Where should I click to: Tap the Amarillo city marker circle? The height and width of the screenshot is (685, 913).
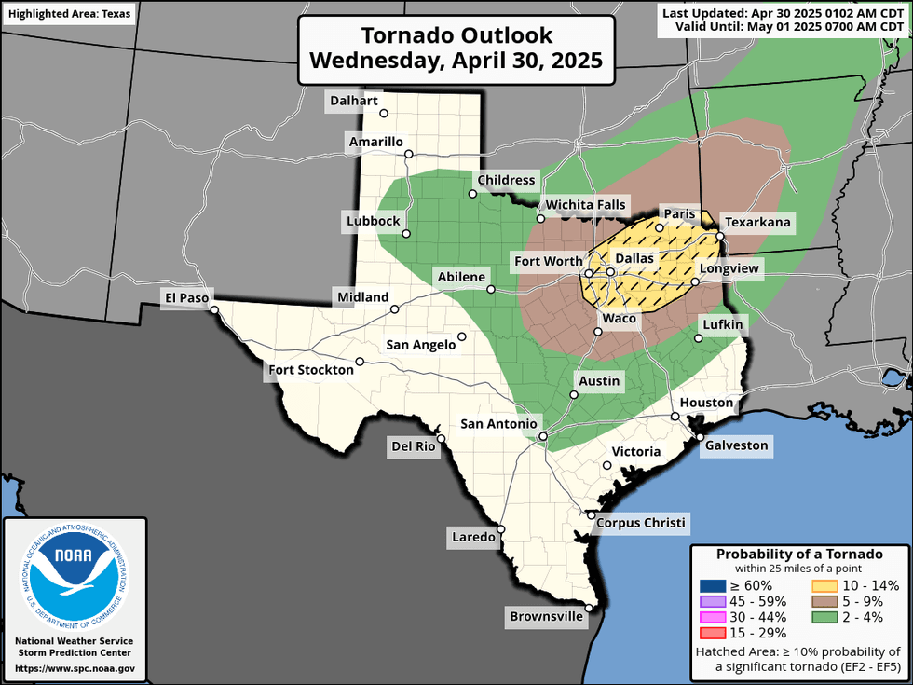click(x=408, y=154)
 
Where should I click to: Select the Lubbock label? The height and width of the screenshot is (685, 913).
click(x=372, y=221)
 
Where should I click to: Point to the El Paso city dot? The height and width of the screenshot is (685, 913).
click(x=213, y=309)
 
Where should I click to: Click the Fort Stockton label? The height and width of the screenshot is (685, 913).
click(x=311, y=370)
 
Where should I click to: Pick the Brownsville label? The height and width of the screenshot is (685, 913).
click(x=545, y=616)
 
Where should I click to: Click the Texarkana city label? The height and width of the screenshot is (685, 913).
click(x=757, y=222)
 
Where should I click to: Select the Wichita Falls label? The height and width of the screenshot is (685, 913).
click(x=586, y=205)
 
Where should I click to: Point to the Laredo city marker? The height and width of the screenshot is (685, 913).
click(x=501, y=528)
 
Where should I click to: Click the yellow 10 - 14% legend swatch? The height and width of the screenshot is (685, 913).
click(x=823, y=585)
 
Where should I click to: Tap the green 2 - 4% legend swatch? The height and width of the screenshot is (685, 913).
click(x=823, y=617)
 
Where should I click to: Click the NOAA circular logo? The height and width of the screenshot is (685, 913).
click(x=73, y=574)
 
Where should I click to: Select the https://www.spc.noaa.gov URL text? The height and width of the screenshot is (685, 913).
click(x=74, y=668)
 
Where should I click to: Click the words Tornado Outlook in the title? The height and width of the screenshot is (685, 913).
click(x=456, y=36)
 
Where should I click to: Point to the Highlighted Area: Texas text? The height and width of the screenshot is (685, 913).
click(x=69, y=14)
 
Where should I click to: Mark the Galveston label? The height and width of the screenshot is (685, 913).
click(x=736, y=445)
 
